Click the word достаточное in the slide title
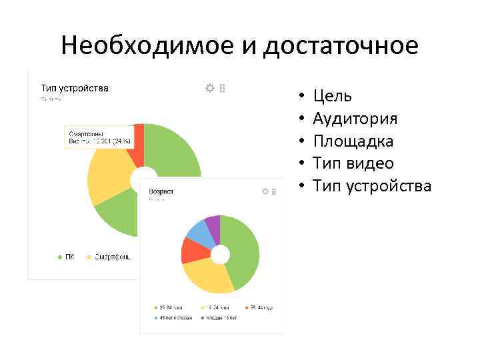point(341,46)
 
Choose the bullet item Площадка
point(353,141)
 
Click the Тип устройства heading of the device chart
point(75,88)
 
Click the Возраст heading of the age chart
point(161,191)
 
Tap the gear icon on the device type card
point(210,88)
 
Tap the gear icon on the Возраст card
point(265,191)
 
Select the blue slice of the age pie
point(199,231)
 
